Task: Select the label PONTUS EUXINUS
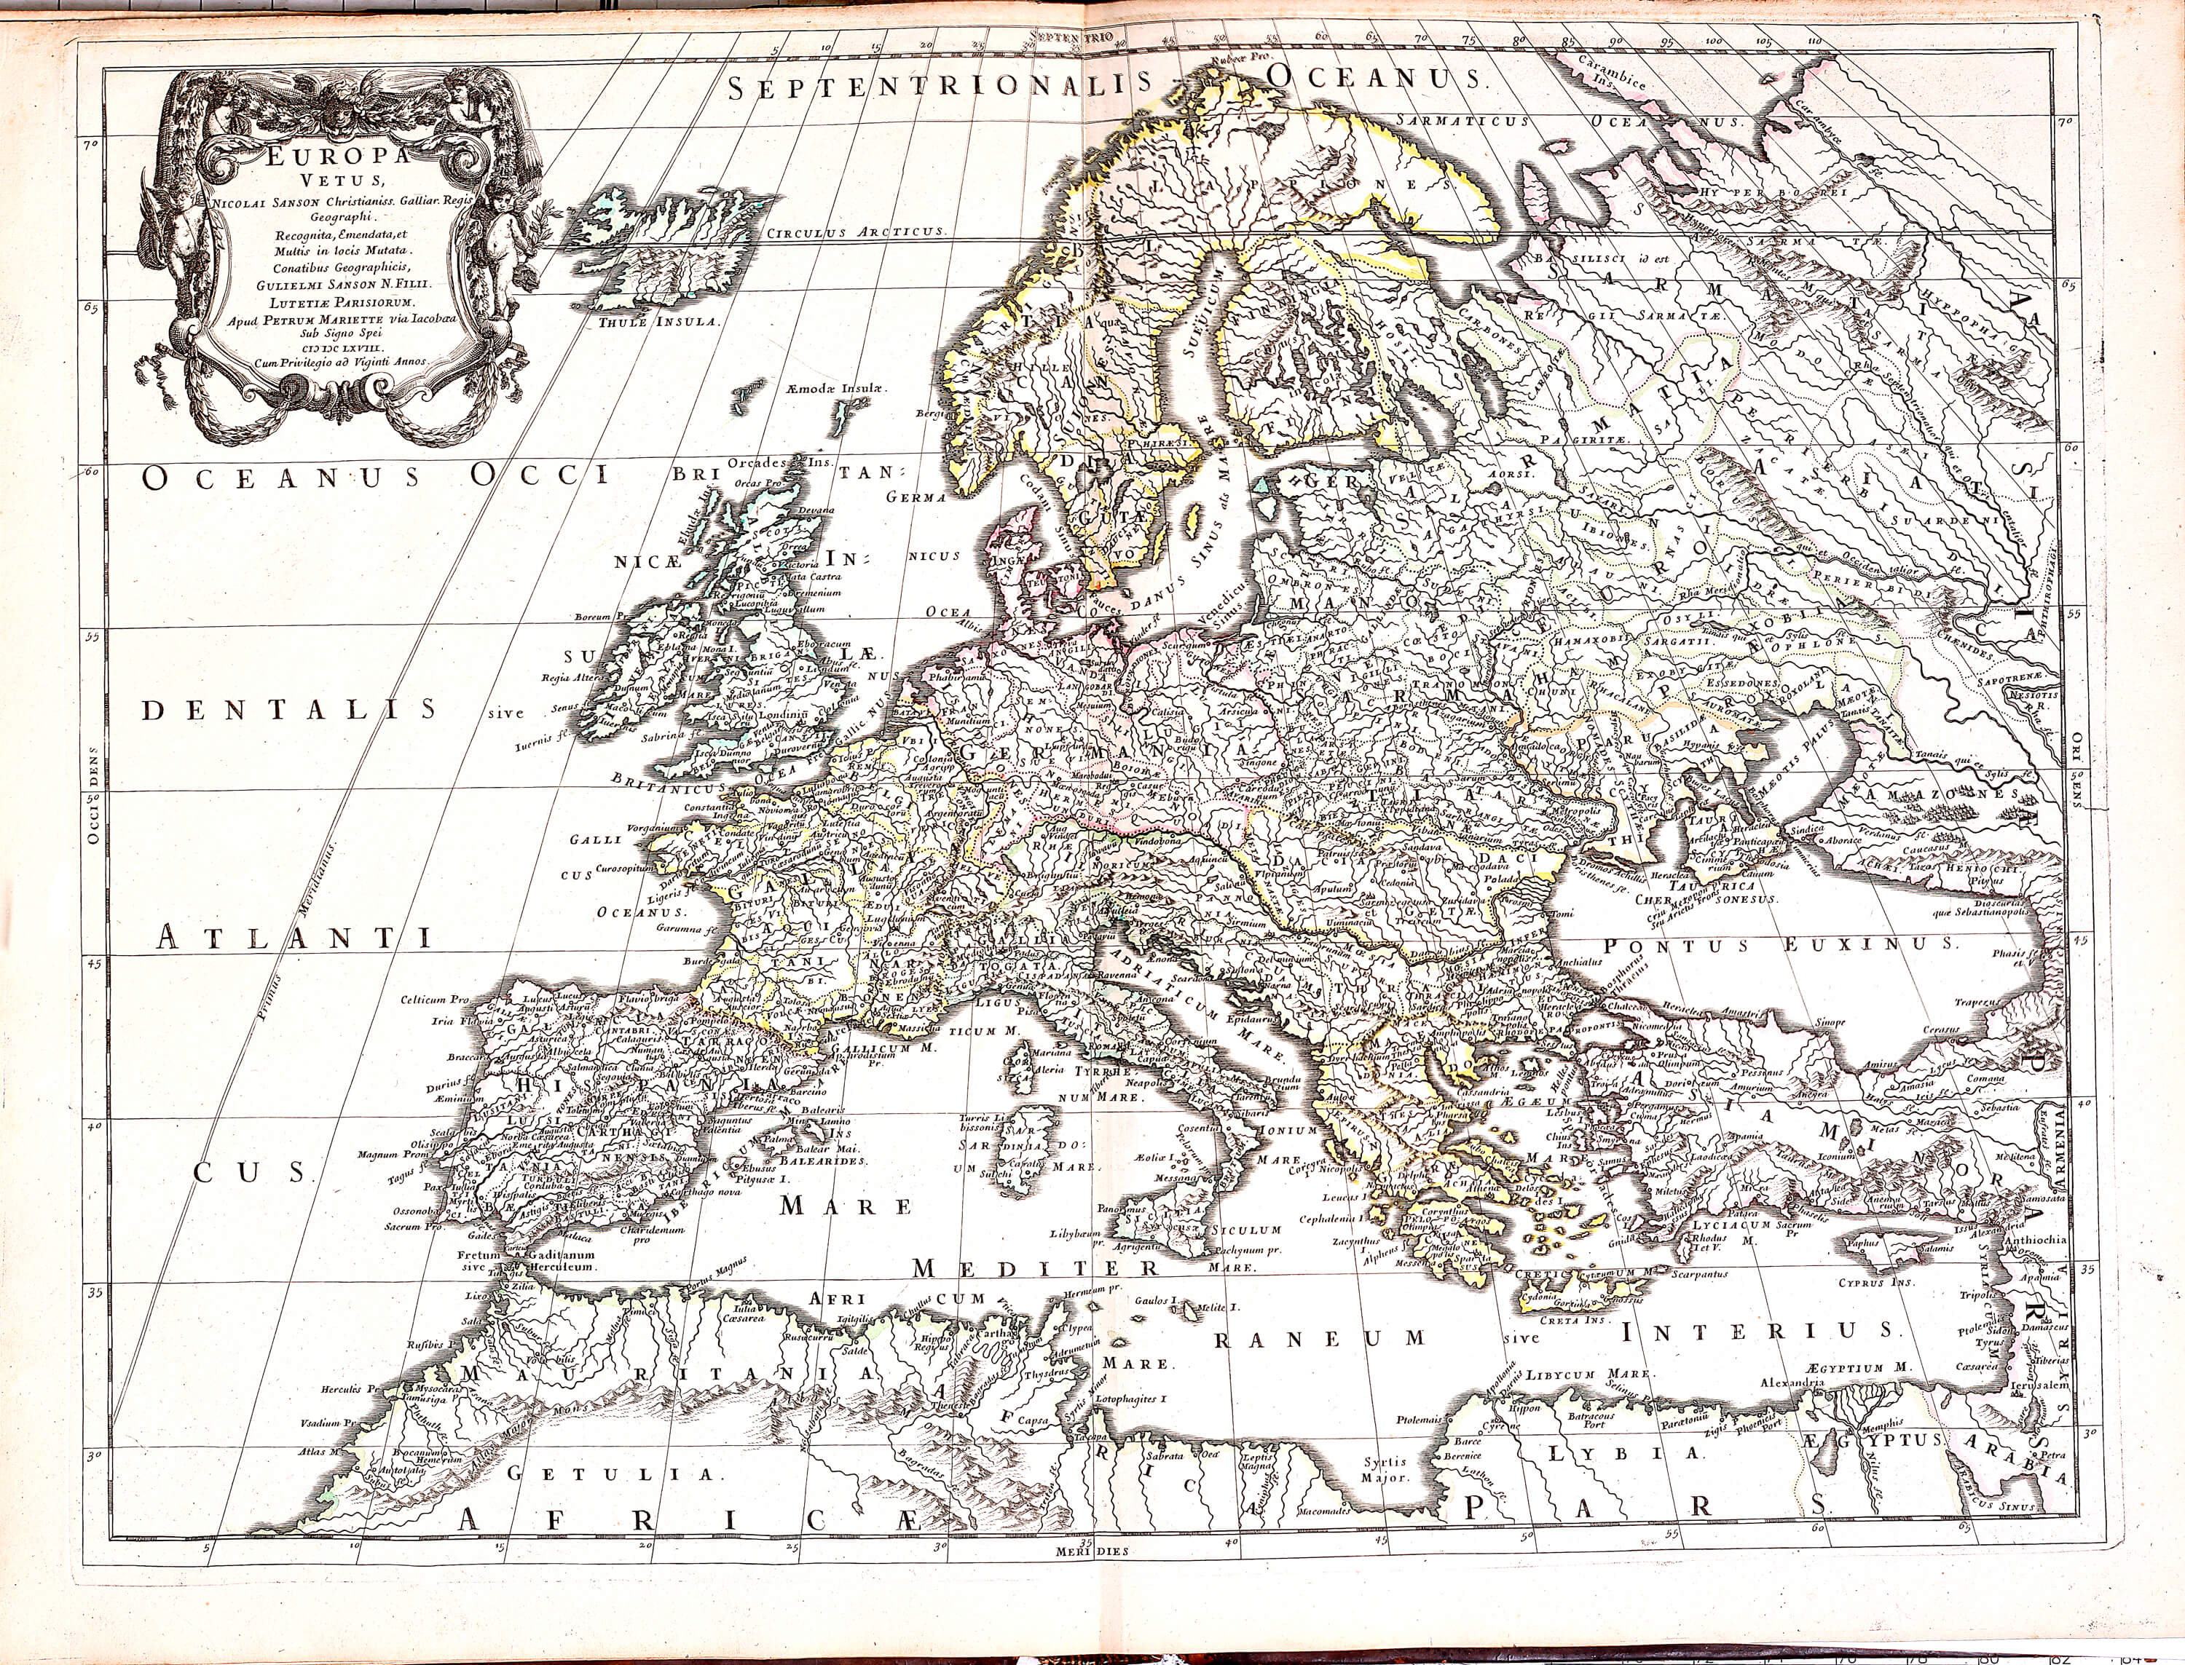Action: click(1779, 944)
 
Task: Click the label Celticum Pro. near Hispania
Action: click(434, 1000)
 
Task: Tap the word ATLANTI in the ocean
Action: click(294, 938)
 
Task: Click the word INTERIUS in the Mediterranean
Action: click(1757, 1330)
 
